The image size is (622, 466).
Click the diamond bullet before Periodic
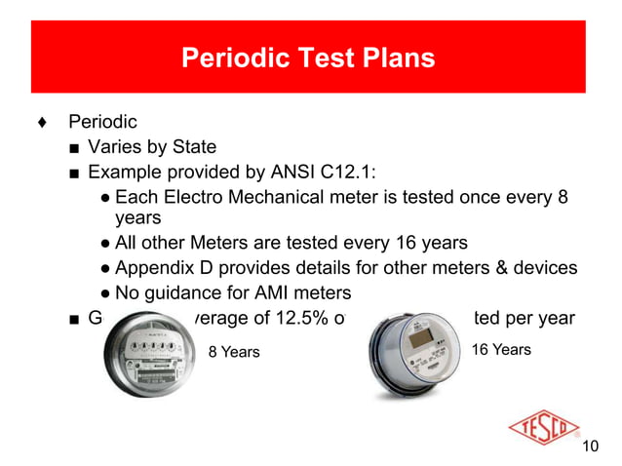tap(39, 124)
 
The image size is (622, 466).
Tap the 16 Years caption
tap(501, 348)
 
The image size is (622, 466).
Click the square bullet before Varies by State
tap(74, 149)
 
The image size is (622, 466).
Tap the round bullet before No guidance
tap(103, 293)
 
